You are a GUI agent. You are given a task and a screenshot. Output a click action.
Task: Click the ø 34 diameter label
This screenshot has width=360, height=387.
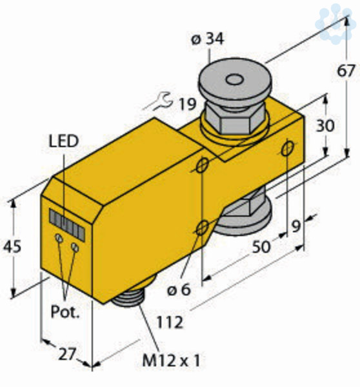(207, 39)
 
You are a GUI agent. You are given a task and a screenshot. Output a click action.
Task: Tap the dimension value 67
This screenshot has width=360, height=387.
(346, 71)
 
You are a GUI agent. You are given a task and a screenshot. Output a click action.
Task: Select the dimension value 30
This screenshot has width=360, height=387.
(325, 125)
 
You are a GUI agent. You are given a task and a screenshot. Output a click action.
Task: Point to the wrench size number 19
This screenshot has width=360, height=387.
(187, 104)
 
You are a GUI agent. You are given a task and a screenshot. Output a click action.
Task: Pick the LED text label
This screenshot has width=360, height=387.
(64, 141)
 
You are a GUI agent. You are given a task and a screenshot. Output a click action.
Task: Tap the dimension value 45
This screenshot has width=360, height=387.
(12, 246)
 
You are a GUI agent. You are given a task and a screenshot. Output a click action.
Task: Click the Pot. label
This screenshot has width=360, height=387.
(65, 312)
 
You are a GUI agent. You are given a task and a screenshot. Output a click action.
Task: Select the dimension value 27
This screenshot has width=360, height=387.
(66, 354)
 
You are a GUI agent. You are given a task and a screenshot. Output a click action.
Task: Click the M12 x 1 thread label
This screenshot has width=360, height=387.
(171, 361)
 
